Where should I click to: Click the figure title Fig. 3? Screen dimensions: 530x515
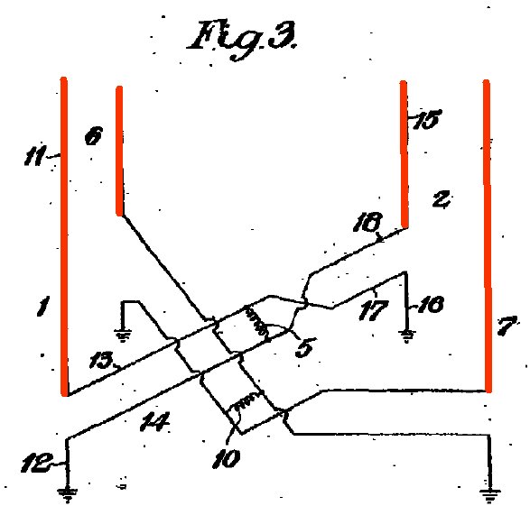244,40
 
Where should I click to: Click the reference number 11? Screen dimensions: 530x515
34,157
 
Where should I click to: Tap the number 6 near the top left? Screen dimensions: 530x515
93,137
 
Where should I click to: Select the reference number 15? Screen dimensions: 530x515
426,119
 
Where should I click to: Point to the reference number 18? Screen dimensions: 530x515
367,222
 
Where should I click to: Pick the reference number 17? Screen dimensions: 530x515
373,310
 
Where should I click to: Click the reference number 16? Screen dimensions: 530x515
431,304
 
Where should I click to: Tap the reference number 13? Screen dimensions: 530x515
101,360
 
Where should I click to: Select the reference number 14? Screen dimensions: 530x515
154,422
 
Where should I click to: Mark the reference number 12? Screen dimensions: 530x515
36,463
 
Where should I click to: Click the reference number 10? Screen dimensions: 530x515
227,458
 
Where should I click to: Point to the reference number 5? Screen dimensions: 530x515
305,347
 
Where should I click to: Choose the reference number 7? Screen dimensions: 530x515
508,326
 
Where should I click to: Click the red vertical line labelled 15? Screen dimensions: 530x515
404,154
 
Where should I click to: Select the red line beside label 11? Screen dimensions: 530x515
64,236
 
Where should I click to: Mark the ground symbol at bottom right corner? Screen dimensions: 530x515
489,495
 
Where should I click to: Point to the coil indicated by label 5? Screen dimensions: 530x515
256,321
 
